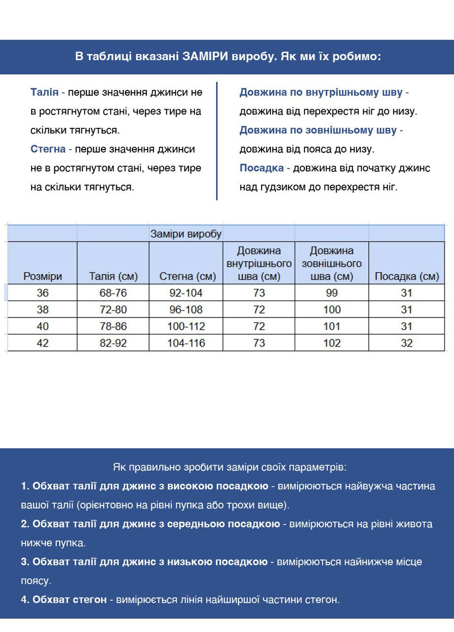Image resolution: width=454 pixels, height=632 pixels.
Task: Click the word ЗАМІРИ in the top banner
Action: coord(205,56)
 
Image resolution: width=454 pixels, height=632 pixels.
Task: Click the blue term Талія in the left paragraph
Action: coord(44,92)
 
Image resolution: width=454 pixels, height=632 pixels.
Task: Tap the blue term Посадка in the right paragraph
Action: coord(262,168)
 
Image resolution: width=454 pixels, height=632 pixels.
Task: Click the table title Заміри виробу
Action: coord(186,234)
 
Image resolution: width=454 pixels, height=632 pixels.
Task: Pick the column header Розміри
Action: coord(42,276)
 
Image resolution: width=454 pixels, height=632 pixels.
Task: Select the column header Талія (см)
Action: coord(113,276)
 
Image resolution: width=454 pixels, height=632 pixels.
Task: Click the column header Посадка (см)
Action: coord(407,276)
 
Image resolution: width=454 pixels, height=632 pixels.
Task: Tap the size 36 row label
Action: coord(42,293)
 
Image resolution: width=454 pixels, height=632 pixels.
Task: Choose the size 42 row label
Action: coord(42,343)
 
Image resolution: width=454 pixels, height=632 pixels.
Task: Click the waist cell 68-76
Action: coord(113,293)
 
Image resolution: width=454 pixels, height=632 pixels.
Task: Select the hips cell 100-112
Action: coord(186,326)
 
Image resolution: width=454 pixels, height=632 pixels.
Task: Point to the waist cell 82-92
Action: coord(113,343)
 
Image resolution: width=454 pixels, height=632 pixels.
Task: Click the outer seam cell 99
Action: coord(332,293)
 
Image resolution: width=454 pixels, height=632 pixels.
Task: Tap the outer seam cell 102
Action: coord(332,343)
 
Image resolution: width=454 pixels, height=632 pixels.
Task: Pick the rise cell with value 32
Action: coord(407,343)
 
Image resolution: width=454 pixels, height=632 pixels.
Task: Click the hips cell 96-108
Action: coord(186,310)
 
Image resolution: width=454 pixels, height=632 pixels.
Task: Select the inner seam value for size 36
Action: coord(259,293)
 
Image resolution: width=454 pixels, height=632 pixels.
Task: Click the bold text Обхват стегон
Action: coord(69,599)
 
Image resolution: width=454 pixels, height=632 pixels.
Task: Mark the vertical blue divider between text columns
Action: coord(217,141)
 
